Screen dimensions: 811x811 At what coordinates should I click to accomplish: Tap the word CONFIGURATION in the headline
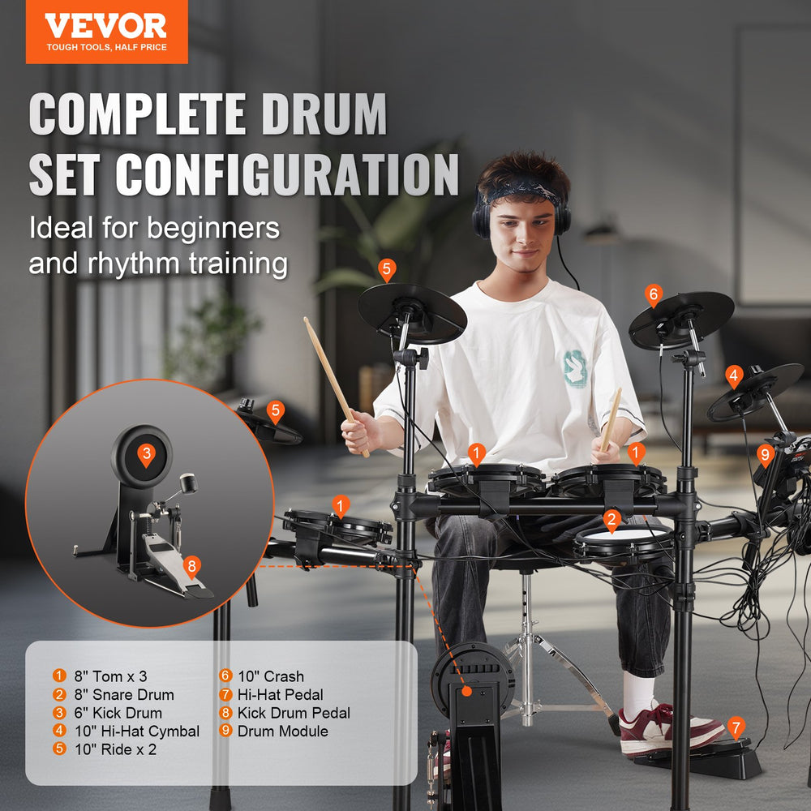point(287,174)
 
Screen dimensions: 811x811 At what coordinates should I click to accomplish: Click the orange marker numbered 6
point(654,295)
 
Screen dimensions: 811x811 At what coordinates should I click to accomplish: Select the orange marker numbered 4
point(734,376)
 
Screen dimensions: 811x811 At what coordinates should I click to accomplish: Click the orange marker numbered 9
point(765,455)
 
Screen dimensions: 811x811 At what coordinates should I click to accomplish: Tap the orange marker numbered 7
point(736,727)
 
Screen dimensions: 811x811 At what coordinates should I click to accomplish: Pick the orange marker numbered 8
point(191,566)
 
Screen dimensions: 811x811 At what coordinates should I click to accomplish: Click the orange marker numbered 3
point(146,454)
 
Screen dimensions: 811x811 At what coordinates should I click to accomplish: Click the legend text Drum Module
point(274,731)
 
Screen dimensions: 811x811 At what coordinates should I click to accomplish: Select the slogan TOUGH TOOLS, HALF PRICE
point(105,48)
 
